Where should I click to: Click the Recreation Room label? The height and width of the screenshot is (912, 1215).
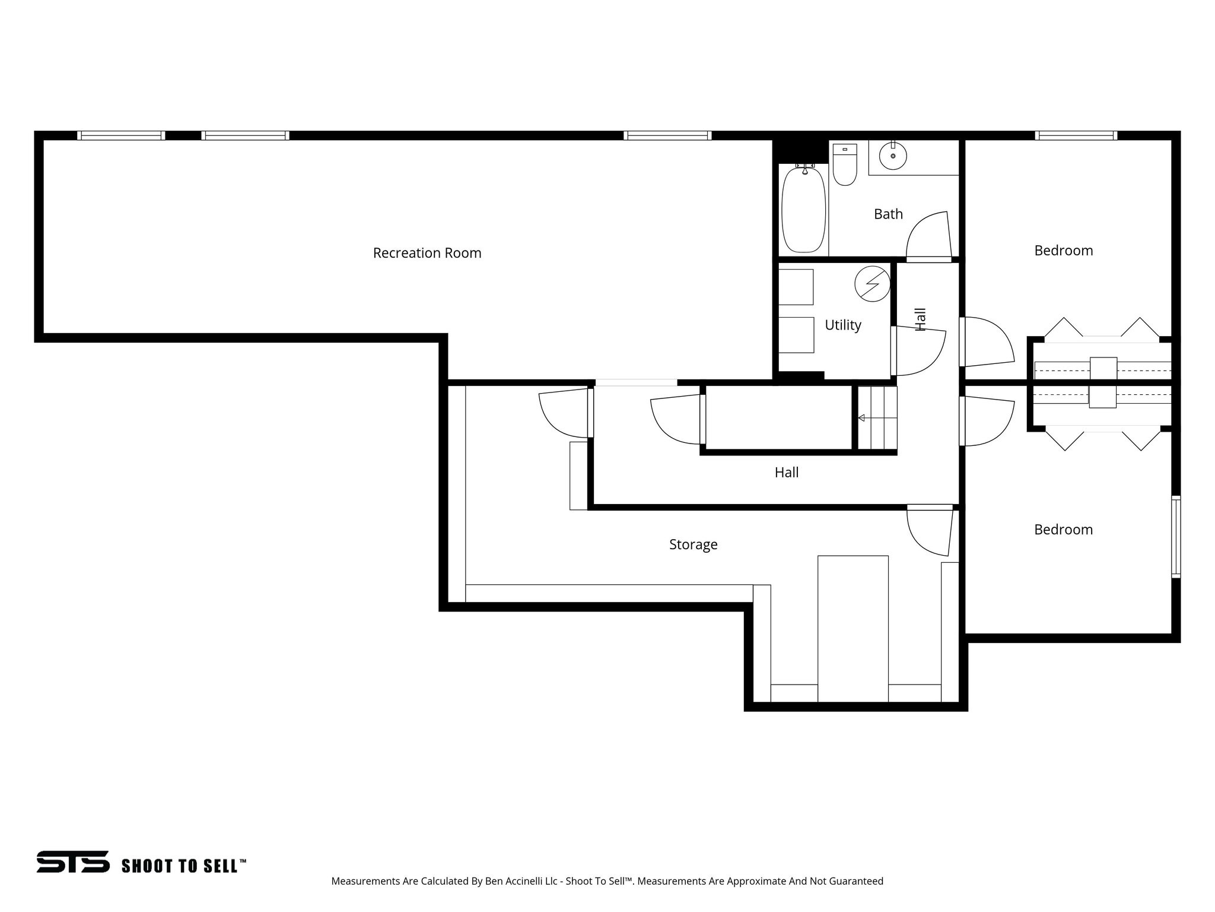click(x=427, y=253)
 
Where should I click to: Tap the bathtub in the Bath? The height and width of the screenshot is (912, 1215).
click(x=803, y=210)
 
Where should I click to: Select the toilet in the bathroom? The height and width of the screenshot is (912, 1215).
click(x=844, y=164)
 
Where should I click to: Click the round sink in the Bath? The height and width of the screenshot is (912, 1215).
click(x=893, y=156)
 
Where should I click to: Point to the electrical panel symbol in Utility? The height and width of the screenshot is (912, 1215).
click(x=872, y=284)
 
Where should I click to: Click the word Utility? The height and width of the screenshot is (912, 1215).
click(x=842, y=325)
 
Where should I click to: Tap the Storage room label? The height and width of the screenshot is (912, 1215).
click(x=693, y=544)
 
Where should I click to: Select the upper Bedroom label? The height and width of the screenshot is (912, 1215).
click(x=1063, y=251)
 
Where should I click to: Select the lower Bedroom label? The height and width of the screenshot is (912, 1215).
click(x=1063, y=530)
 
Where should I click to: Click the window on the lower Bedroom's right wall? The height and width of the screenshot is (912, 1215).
click(x=1175, y=537)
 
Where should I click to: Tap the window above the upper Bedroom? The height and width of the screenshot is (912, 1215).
click(x=1076, y=135)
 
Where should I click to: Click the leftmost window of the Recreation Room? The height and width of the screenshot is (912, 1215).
click(x=121, y=135)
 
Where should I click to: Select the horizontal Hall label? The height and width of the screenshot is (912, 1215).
click(x=786, y=473)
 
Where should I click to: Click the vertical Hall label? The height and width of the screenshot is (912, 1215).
click(x=920, y=319)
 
